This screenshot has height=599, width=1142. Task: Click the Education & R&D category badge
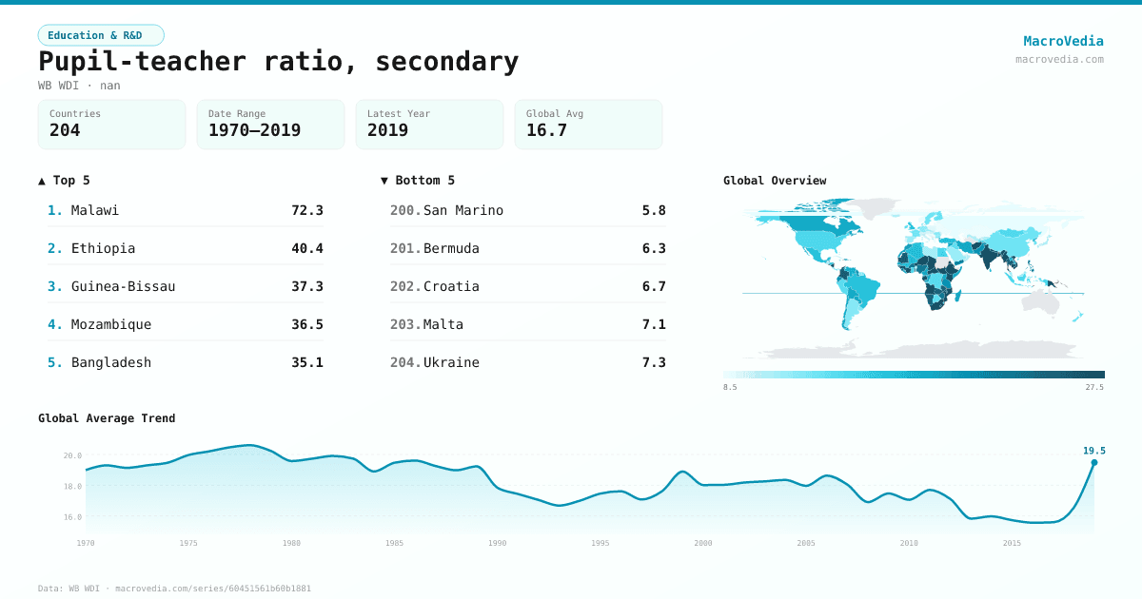[x=101, y=35]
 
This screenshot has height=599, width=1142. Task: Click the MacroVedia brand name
[x=1063, y=41]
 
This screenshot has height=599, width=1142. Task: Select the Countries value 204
[x=65, y=130]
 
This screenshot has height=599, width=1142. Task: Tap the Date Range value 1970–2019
[x=254, y=130]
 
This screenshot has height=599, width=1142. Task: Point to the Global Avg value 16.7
[x=546, y=130]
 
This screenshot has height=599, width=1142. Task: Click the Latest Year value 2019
[x=387, y=130]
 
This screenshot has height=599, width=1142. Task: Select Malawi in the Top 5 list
[x=95, y=210]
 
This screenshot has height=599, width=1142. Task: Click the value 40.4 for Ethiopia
[x=306, y=248]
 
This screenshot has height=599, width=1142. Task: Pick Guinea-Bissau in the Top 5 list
[x=123, y=286]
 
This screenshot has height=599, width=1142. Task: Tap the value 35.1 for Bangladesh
[x=306, y=362]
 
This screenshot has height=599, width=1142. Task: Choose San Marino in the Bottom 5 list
[x=463, y=210]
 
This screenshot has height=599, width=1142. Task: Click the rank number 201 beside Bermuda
[x=404, y=248]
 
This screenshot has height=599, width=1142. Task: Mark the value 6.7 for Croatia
[x=654, y=286]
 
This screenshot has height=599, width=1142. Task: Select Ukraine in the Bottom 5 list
[x=451, y=362]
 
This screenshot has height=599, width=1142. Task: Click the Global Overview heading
[x=775, y=181]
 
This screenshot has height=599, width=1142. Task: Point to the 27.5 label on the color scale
[x=1094, y=387]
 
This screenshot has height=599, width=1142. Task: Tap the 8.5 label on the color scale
[x=730, y=387]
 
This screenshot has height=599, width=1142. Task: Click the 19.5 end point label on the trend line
[x=1093, y=451]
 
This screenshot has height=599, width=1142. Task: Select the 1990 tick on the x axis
[x=497, y=543]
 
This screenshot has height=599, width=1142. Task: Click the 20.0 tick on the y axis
[x=72, y=455]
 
